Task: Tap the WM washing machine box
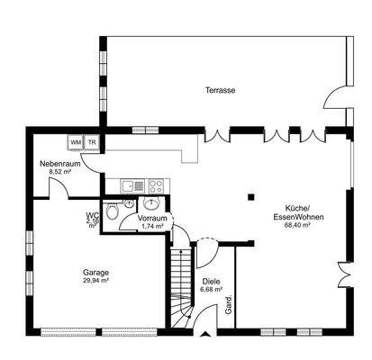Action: pos(75,142)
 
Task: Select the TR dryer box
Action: pos(91,142)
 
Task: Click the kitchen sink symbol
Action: pos(129,187)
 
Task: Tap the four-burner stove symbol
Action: pos(155,187)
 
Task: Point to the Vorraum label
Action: pos(152,219)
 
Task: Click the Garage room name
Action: pos(95,272)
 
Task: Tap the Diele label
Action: pos(211,281)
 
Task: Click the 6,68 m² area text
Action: pos(211,289)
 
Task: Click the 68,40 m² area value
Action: pos(296,225)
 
